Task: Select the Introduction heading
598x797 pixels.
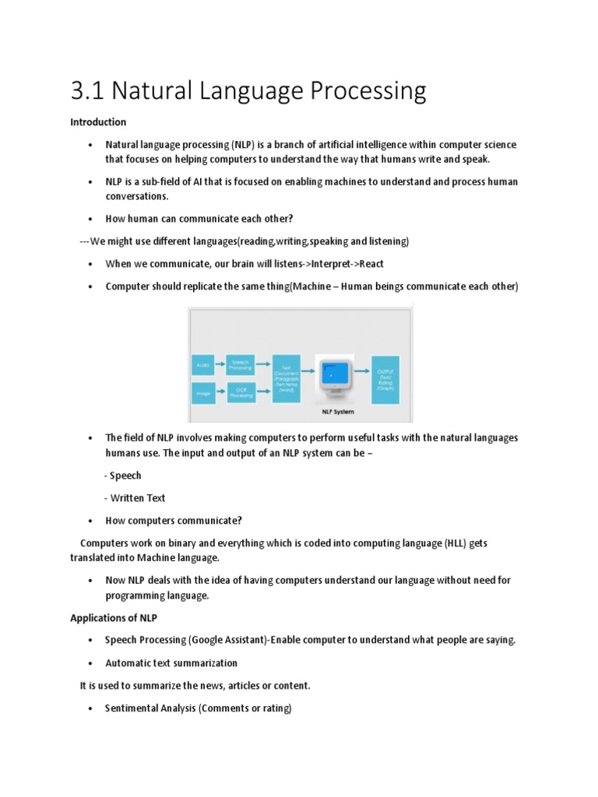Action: coord(98,122)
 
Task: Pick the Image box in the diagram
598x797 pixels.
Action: coord(202,394)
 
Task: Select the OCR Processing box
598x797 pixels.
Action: coord(241,394)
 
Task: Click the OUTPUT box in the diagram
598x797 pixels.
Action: coord(385,378)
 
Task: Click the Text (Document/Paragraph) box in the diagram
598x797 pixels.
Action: coord(286,378)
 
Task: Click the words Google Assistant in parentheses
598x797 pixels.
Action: coord(220,640)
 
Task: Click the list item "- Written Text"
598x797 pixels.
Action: coord(135,498)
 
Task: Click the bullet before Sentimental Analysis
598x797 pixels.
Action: coord(91,709)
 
